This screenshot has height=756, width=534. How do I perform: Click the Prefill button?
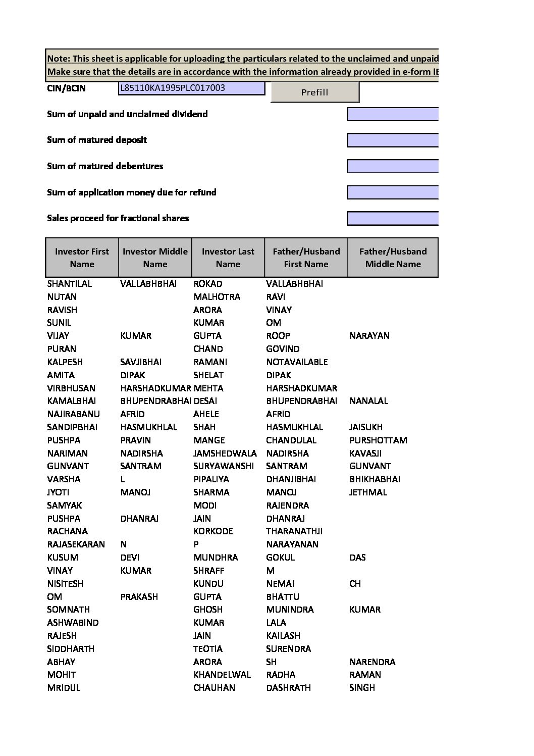[x=314, y=92]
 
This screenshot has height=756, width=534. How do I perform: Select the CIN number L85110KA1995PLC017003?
[x=173, y=88]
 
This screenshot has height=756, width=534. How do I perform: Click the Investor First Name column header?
[x=82, y=258]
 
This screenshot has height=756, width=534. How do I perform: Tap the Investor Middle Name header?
[x=155, y=258]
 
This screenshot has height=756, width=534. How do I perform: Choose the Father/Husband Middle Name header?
[x=393, y=258]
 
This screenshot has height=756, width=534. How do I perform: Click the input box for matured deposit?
[x=392, y=140]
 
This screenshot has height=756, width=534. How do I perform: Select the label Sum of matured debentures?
[x=105, y=166]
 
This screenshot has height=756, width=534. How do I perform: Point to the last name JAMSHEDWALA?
[x=225, y=453]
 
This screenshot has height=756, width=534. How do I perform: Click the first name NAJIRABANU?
[x=74, y=414]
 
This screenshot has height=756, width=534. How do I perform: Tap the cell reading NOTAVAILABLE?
[x=297, y=362]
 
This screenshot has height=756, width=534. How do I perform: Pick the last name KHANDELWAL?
[x=222, y=675]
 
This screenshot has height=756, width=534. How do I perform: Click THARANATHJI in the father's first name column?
[x=294, y=531]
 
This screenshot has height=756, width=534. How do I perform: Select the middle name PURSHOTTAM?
[x=378, y=440]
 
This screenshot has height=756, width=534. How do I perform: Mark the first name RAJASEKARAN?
[x=76, y=544]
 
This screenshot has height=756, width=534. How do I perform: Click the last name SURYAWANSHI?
[x=224, y=466]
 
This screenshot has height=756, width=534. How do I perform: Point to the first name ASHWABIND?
[x=73, y=623]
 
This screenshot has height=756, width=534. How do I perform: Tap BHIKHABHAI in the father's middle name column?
[x=375, y=479]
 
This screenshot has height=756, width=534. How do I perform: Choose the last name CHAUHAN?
[x=214, y=688]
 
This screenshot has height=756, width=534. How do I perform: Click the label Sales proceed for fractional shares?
[x=118, y=218]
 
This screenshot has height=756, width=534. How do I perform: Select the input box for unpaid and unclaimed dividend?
[x=392, y=114]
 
